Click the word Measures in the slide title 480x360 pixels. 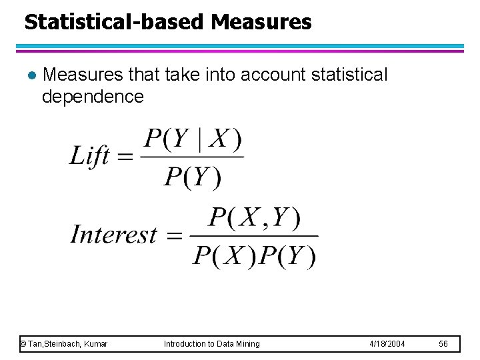pos(261,22)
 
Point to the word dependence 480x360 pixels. pos(92,97)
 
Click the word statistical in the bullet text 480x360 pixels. pos(347,75)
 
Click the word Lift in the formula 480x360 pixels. pos(89,157)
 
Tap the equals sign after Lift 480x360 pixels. pos(125,157)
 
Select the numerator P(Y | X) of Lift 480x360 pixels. pos(193,140)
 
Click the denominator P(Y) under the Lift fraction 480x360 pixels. pos(193,177)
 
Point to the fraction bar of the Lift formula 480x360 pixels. pos(193,158)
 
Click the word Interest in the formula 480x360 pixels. pos(114,235)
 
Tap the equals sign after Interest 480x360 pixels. pos(173,235)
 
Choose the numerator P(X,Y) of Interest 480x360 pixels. pos(254,218)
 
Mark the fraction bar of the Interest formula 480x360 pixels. pos(254,236)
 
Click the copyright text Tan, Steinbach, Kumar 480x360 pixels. pos(64,344)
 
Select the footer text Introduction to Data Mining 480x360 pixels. pos(212,344)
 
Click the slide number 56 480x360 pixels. pos(443,344)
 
